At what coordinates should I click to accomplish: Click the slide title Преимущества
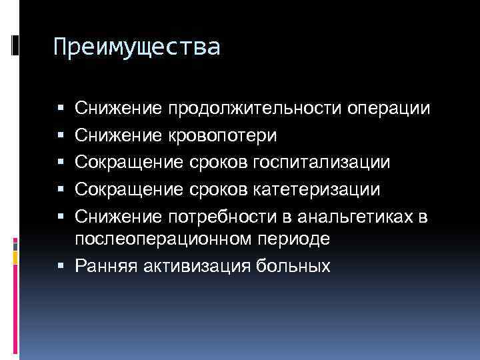click(x=136, y=48)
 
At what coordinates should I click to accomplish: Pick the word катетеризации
click(x=318, y=190)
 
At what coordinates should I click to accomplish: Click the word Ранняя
click(x=103, y=267)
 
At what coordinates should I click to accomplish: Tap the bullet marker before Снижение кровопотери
click(x=61, y=136)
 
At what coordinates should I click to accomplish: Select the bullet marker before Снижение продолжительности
click(x=61, y=109)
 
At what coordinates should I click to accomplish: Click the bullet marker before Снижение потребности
click(x=61, y=218)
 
